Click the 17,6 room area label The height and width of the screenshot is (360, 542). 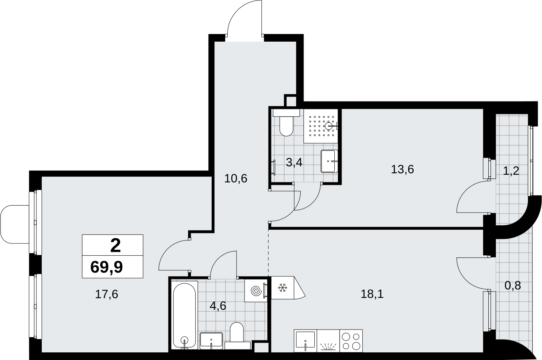click(107, 294)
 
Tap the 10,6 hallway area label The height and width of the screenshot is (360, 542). click(236, 178)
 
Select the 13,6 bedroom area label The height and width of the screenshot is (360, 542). click(402, 169)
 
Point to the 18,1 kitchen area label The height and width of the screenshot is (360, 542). click(372, 294)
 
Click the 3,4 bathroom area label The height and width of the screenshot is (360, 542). click(294, 162)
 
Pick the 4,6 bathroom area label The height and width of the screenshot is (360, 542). click(218, 306)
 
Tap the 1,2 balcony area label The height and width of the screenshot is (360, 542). click(511, 171)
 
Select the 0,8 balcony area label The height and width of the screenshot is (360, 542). click(513, 285)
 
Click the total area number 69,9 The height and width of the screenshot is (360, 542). click(107, 267)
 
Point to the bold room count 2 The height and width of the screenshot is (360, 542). click(115, 245)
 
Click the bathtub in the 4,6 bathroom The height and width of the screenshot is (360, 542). click(185, 316)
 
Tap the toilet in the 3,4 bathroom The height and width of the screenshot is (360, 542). click(286, 122)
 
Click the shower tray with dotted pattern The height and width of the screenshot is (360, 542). click(321, 126)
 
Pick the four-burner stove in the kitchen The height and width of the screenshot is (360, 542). click(351, 341)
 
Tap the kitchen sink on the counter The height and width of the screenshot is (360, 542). click(305, 341)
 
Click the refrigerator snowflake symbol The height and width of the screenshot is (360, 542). click(282, 288)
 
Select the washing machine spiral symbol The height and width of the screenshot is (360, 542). click(256, 291)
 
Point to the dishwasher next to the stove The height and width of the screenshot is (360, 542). click(328, 341)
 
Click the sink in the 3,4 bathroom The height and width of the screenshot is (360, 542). click(329, 161)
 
